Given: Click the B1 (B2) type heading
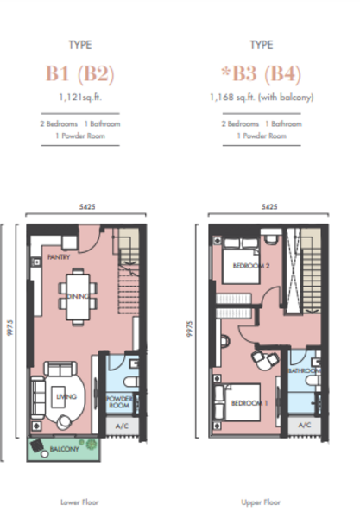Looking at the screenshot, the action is tap(80, 73).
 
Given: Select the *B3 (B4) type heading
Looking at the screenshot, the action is tap(261, 73).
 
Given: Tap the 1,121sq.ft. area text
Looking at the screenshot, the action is tap(80, 97).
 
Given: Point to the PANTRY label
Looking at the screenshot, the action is tap(59, 256).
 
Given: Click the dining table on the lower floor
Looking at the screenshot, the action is tap(78, 296).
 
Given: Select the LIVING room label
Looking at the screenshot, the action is tap(66, 396).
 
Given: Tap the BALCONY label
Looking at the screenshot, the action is tap(65, 449).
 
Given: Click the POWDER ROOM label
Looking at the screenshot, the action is tap(119, 401).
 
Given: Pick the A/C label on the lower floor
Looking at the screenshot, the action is tap(122, 426).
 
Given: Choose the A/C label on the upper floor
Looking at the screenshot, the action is tap(305, 425).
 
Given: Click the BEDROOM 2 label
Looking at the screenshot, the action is tap(251, 266).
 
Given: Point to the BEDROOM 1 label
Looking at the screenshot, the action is tap(249, 403).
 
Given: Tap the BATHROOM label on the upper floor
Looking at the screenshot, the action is tap(304, 370).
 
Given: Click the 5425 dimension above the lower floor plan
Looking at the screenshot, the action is tap(87, 207).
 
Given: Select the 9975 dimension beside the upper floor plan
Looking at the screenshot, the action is tap(189, 329).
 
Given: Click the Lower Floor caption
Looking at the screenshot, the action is tap(79, 502).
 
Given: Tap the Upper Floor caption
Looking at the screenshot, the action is tap(261, 502).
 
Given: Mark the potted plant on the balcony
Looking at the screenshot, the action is tap(92, 444).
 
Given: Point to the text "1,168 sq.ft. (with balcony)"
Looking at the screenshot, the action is tap(262, 97).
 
